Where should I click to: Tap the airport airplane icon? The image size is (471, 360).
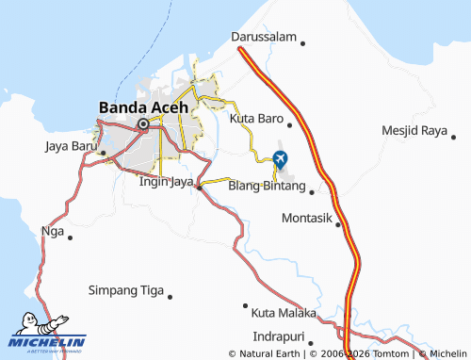point(281,157)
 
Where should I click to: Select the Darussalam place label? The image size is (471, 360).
point(263,39)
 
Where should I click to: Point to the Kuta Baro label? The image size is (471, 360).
point(256,120)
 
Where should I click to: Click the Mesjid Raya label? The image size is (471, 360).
point(414,130)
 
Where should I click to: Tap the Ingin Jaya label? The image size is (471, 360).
point(166,182)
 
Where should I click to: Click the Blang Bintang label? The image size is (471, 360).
point(267,187)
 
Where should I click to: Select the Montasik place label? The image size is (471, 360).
point(307,218)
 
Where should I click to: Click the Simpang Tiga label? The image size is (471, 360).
point(125,290)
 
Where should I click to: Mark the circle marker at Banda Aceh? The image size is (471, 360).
point(143,123)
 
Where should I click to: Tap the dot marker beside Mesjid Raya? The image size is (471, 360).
point(454,139)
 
